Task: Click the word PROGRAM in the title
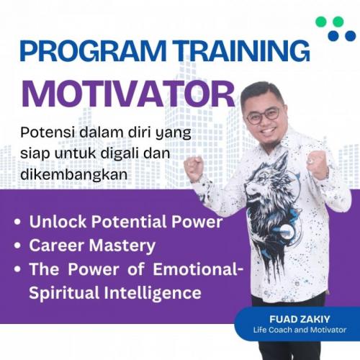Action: pos(93,51)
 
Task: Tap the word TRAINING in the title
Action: pos(241,51)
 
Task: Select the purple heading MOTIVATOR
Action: pos(128,94)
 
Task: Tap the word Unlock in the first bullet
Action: pos(58,222)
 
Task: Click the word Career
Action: pos(57,246)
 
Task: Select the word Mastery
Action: pos(122,246)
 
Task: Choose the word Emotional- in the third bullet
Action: pos(198,269)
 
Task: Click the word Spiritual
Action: pos(64,293)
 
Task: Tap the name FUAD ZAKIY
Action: pos(300,319)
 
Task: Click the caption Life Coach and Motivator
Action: pos(300,330)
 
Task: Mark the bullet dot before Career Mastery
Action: pos(17,246)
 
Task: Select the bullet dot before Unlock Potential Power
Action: pos(17,222)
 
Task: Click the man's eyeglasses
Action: pos(264,115)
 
